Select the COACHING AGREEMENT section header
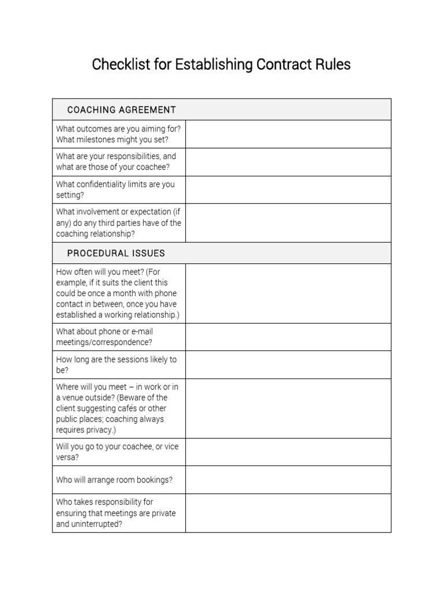pos(121,109)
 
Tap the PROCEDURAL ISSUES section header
pos(116,253)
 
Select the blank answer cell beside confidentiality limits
pos(288,190)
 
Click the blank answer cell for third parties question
pos(288,223)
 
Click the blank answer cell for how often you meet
pos(288,293)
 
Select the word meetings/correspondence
pos(104,342)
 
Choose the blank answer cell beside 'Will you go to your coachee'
pos(288,452)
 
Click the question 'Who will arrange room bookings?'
pos(114,480)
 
